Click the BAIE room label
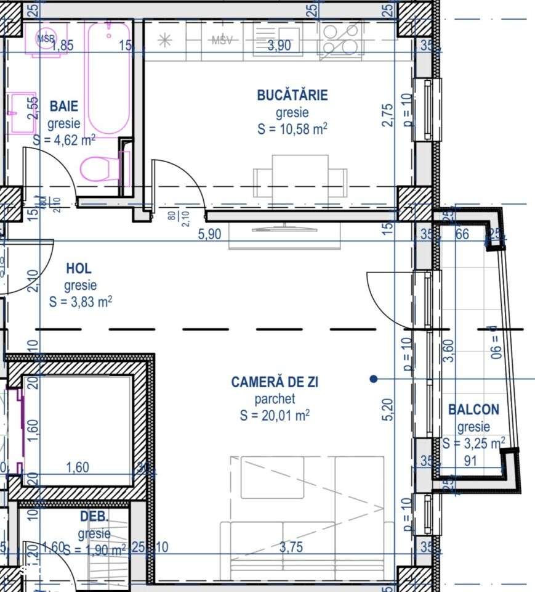click(64, 105)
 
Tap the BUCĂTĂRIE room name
click(292, 95)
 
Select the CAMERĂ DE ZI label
click(275, 382)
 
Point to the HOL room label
click(79, 268)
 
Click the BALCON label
click(473, 409)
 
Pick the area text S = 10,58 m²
click(292, 129)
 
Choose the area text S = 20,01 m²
click(275, 416)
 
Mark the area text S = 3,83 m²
click(80, 302)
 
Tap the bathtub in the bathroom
click(107, 77)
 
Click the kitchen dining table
click(300, 176)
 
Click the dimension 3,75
click(291, 547)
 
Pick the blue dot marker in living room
click(373, 379)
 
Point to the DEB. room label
click(94, 516)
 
